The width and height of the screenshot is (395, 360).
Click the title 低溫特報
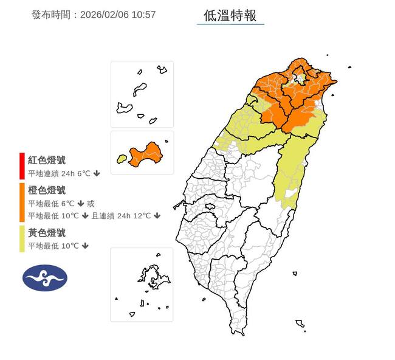pyautogui.click(x=230, y=15)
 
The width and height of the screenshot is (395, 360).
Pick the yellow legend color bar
pyautogui.click(x=22, y=239)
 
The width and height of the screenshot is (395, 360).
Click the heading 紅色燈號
pyautogui.click(x=47, y=161)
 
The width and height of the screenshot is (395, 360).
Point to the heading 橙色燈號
pyautogui.click(x=47, y=190)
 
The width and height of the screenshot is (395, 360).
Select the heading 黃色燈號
pyautogui.click(x=47, y=232)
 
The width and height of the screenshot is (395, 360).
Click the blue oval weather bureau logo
pyautogui.click(x=45, y=278)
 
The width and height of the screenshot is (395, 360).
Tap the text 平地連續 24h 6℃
pyautogui.click(x=58, y=174)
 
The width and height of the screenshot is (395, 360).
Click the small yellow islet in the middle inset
pyautogui.click(x=122, y=159)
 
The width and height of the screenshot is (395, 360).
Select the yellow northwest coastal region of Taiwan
pyautogui.click(x=243, y=128)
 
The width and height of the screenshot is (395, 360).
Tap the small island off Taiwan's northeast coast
pyautogui.click(x=349, y=67)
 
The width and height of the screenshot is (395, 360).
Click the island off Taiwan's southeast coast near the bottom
pyautogui.click(x=300, y=323)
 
